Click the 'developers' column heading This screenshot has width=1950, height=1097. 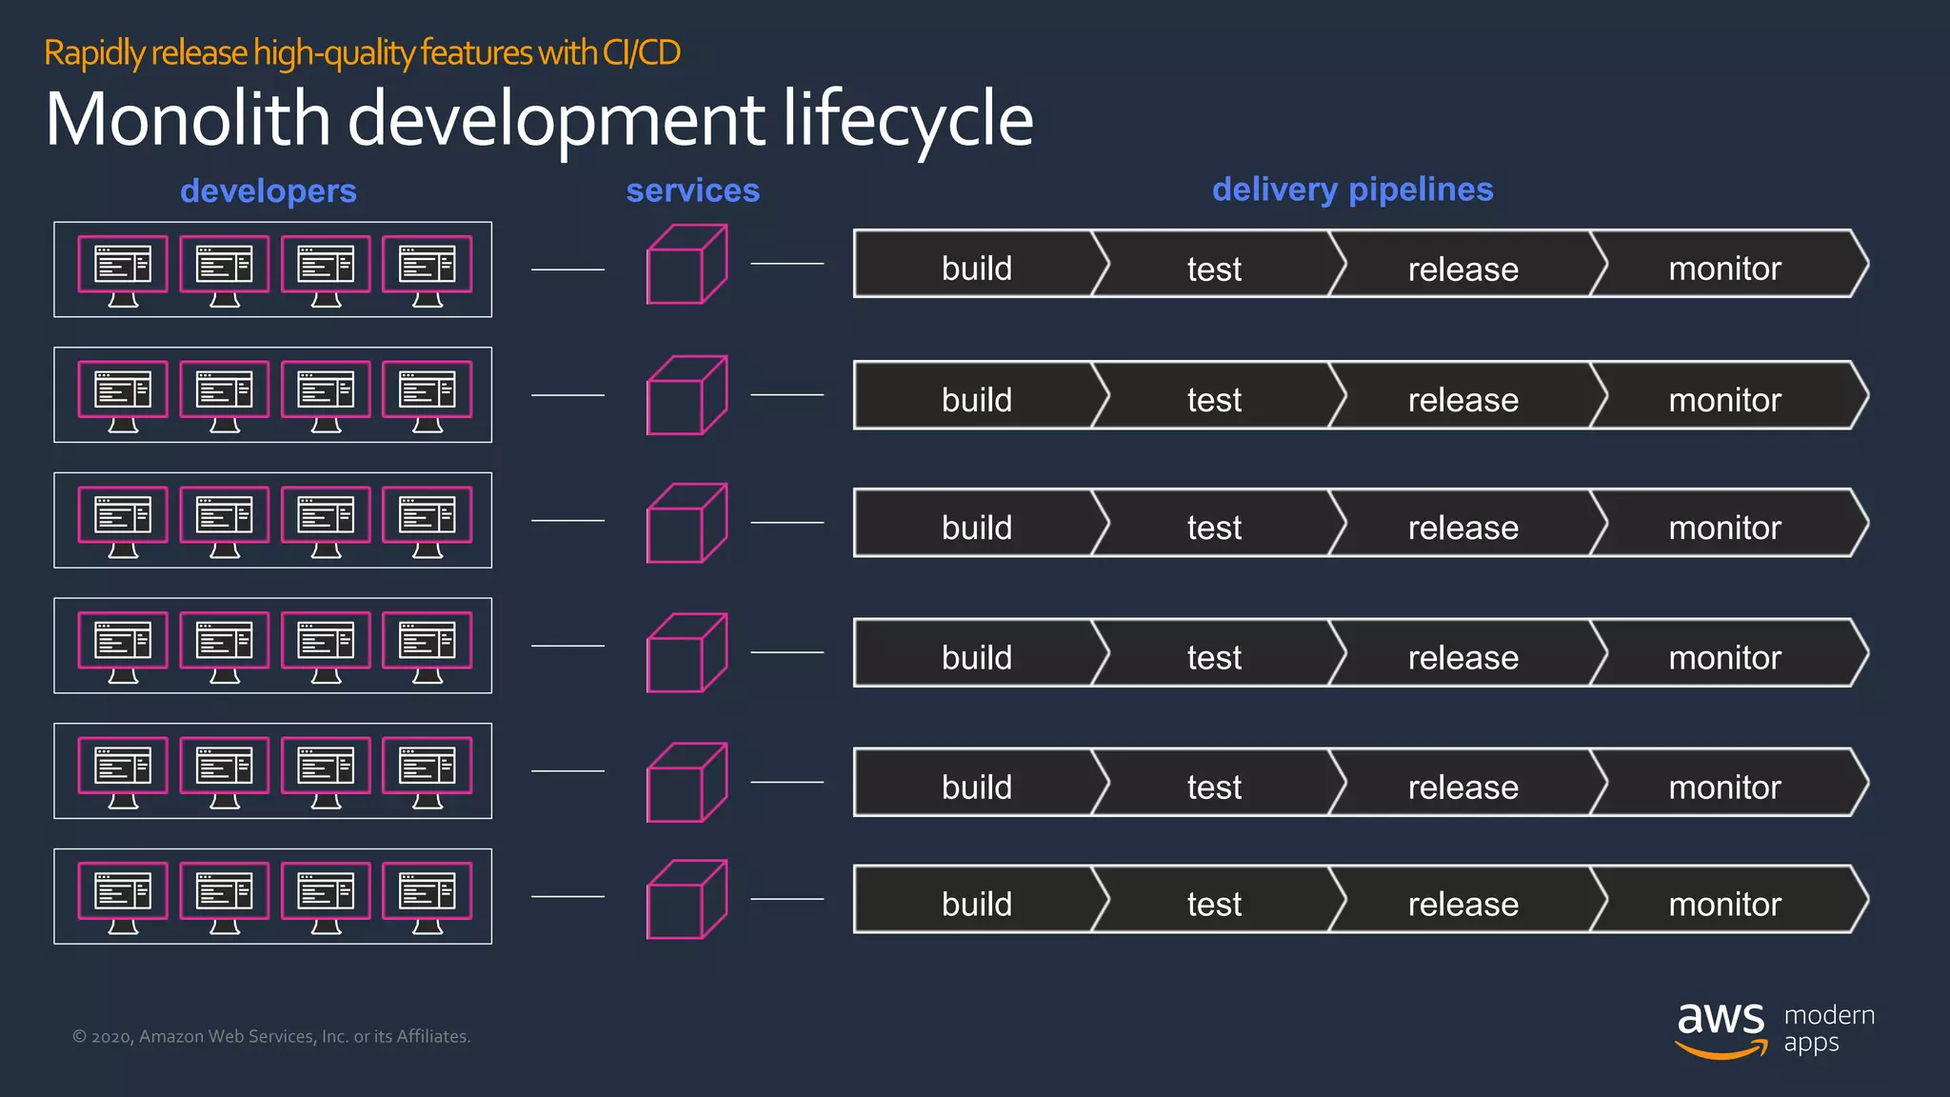[x=269, y=191]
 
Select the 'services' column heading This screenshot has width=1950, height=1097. [x=692, y=190]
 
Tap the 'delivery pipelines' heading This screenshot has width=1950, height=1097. [x=1352, y=189]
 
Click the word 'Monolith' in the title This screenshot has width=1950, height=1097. [x=188, y=120]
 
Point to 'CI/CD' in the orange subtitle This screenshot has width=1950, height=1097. [x=641, y=52]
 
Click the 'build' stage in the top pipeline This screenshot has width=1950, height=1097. [x=976, y=269]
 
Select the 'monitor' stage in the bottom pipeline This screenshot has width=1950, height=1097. [x=1724, y=904]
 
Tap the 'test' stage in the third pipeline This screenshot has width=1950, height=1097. [x=1214, y=527]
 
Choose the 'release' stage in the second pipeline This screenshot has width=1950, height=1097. [x=1462, y=400]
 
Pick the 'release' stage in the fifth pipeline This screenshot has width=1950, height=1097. [x=1462, y=788]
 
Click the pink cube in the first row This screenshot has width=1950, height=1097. [x=686, y=265]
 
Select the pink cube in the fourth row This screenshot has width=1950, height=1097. [x=686, y=653]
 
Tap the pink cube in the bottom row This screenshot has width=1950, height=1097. [x=686, y=900]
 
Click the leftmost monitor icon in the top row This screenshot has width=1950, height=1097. [x=123, y=269]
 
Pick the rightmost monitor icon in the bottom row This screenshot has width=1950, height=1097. [x=427, y=896]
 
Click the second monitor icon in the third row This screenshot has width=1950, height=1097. [x=225, y=520]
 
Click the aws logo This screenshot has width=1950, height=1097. [x=1721, y=1028]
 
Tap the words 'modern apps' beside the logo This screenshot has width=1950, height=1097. [x=1828, y=1028]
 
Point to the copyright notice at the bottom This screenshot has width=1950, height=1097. [x=271, y=1036]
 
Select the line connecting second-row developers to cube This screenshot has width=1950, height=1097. [x=567, y=394]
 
